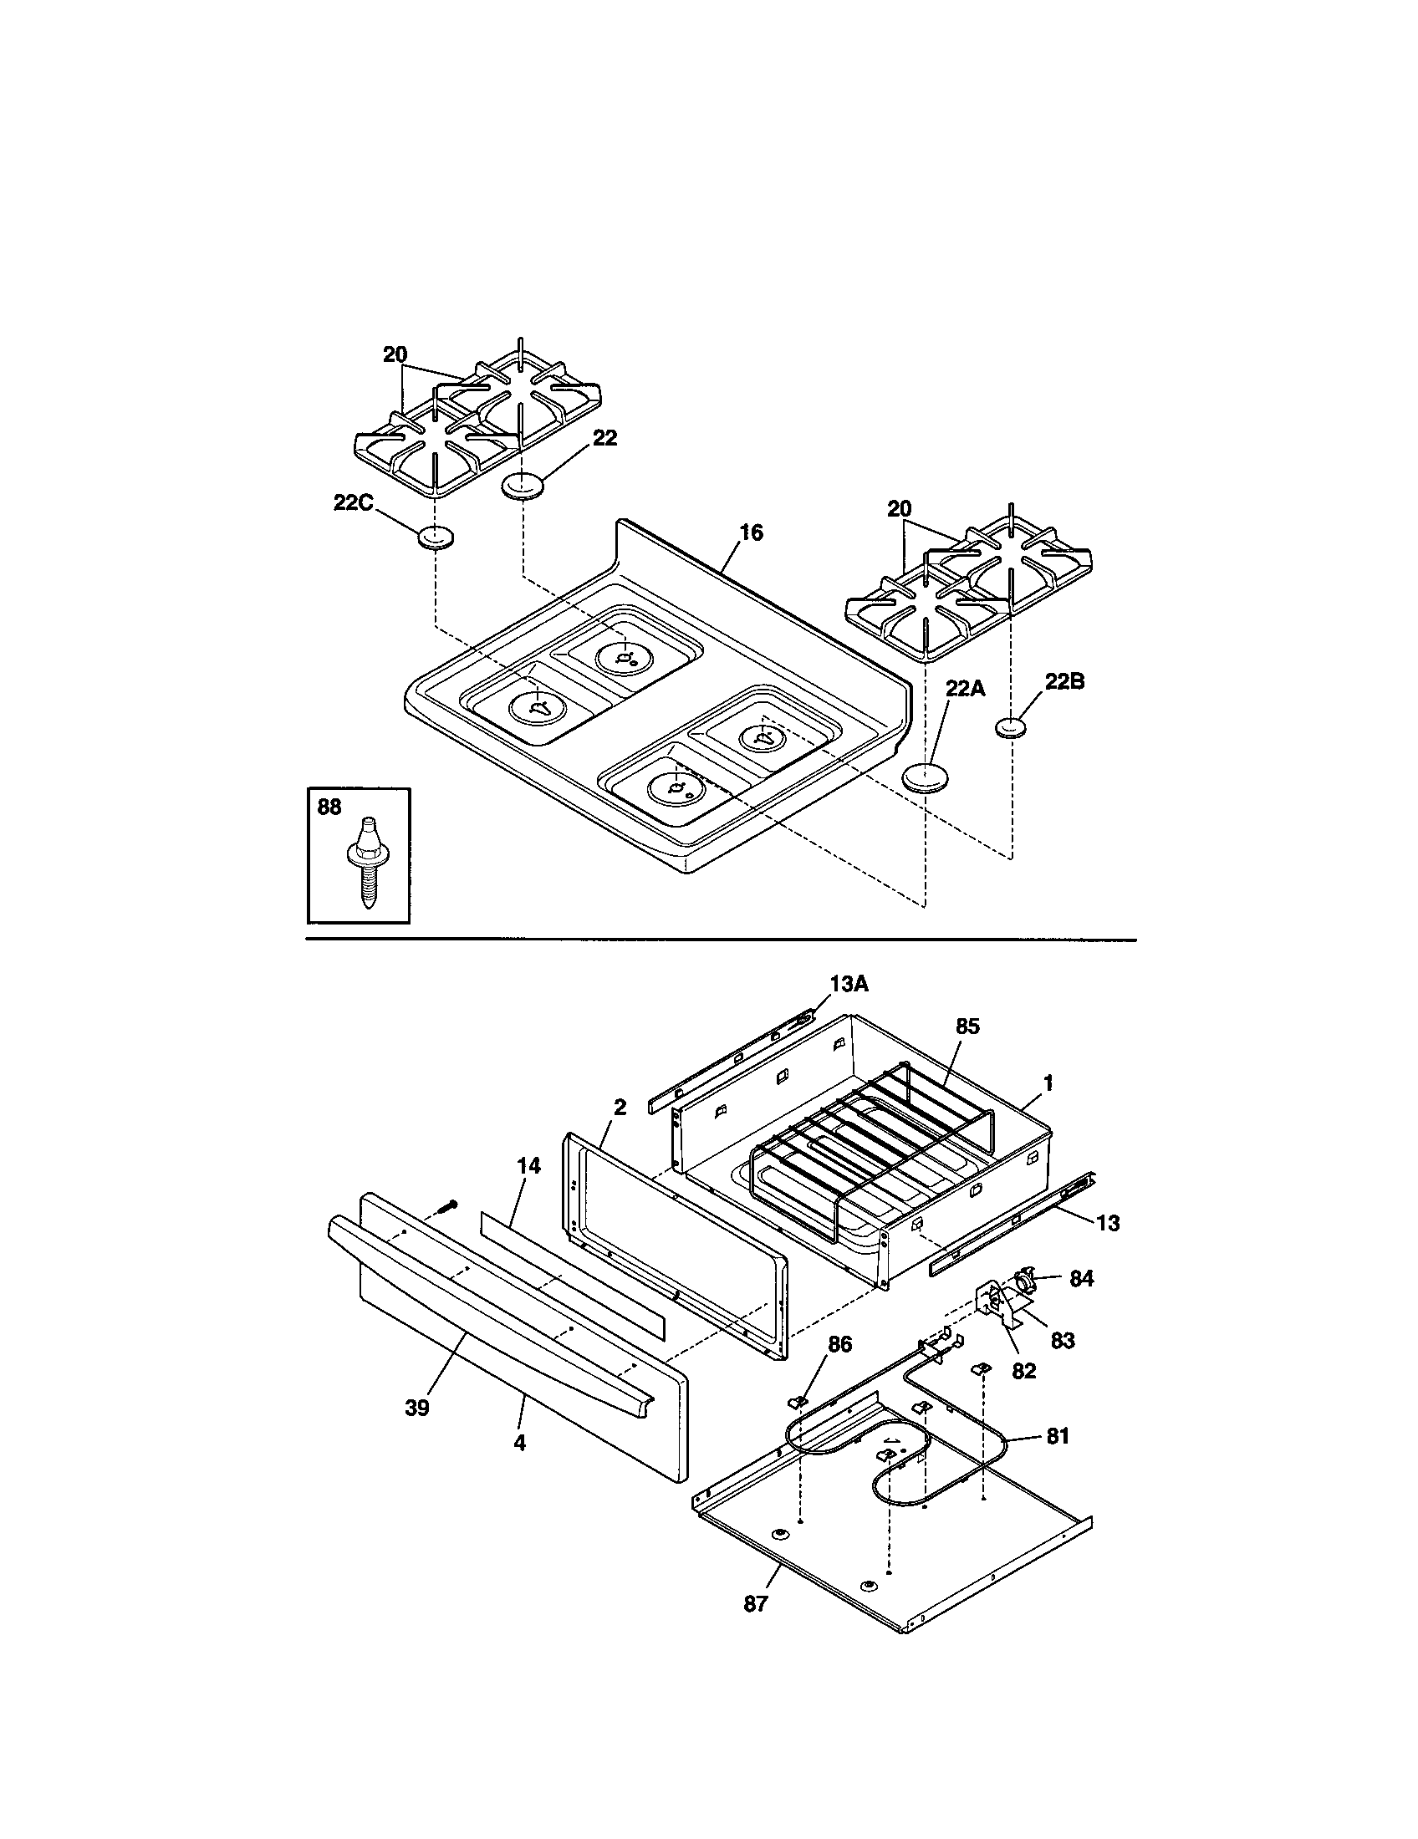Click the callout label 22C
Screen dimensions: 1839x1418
coord(352,502)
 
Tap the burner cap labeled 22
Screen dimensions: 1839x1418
coord(522,486)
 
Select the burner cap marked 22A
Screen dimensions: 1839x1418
coord(925,775)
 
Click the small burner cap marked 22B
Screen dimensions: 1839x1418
coord(1011,728)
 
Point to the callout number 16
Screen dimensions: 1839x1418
coord(751,532)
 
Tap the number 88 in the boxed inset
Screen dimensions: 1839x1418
coord(329,807)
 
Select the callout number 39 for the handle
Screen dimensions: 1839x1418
coord(417,1409)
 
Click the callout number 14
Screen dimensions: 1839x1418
coord(528,1166)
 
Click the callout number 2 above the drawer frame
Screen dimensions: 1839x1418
coord(620,1108)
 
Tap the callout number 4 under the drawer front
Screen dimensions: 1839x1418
coord(519,1443)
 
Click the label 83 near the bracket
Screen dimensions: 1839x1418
coord(1063,1340)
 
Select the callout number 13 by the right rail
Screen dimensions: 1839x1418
coord(1109,1223)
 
